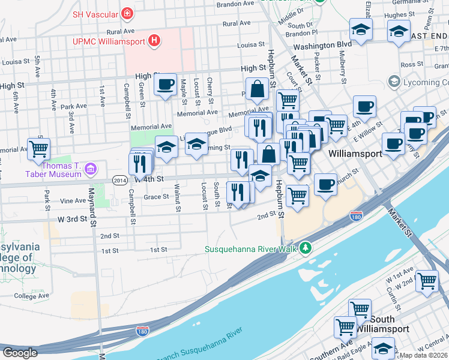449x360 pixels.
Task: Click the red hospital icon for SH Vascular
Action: [x=127, y=13]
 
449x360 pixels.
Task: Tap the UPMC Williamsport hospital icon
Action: [x=155, y=41]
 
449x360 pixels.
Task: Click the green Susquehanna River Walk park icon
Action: [x=307, y=247]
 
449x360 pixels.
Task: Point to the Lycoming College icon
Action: [x=394, y=80]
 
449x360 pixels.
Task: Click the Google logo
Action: [x=20, y=353]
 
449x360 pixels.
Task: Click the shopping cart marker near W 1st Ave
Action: [x=427, y=280]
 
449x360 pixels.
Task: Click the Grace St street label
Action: [x=155, y=196]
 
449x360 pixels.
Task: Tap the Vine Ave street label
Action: [x=73, y=200]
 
